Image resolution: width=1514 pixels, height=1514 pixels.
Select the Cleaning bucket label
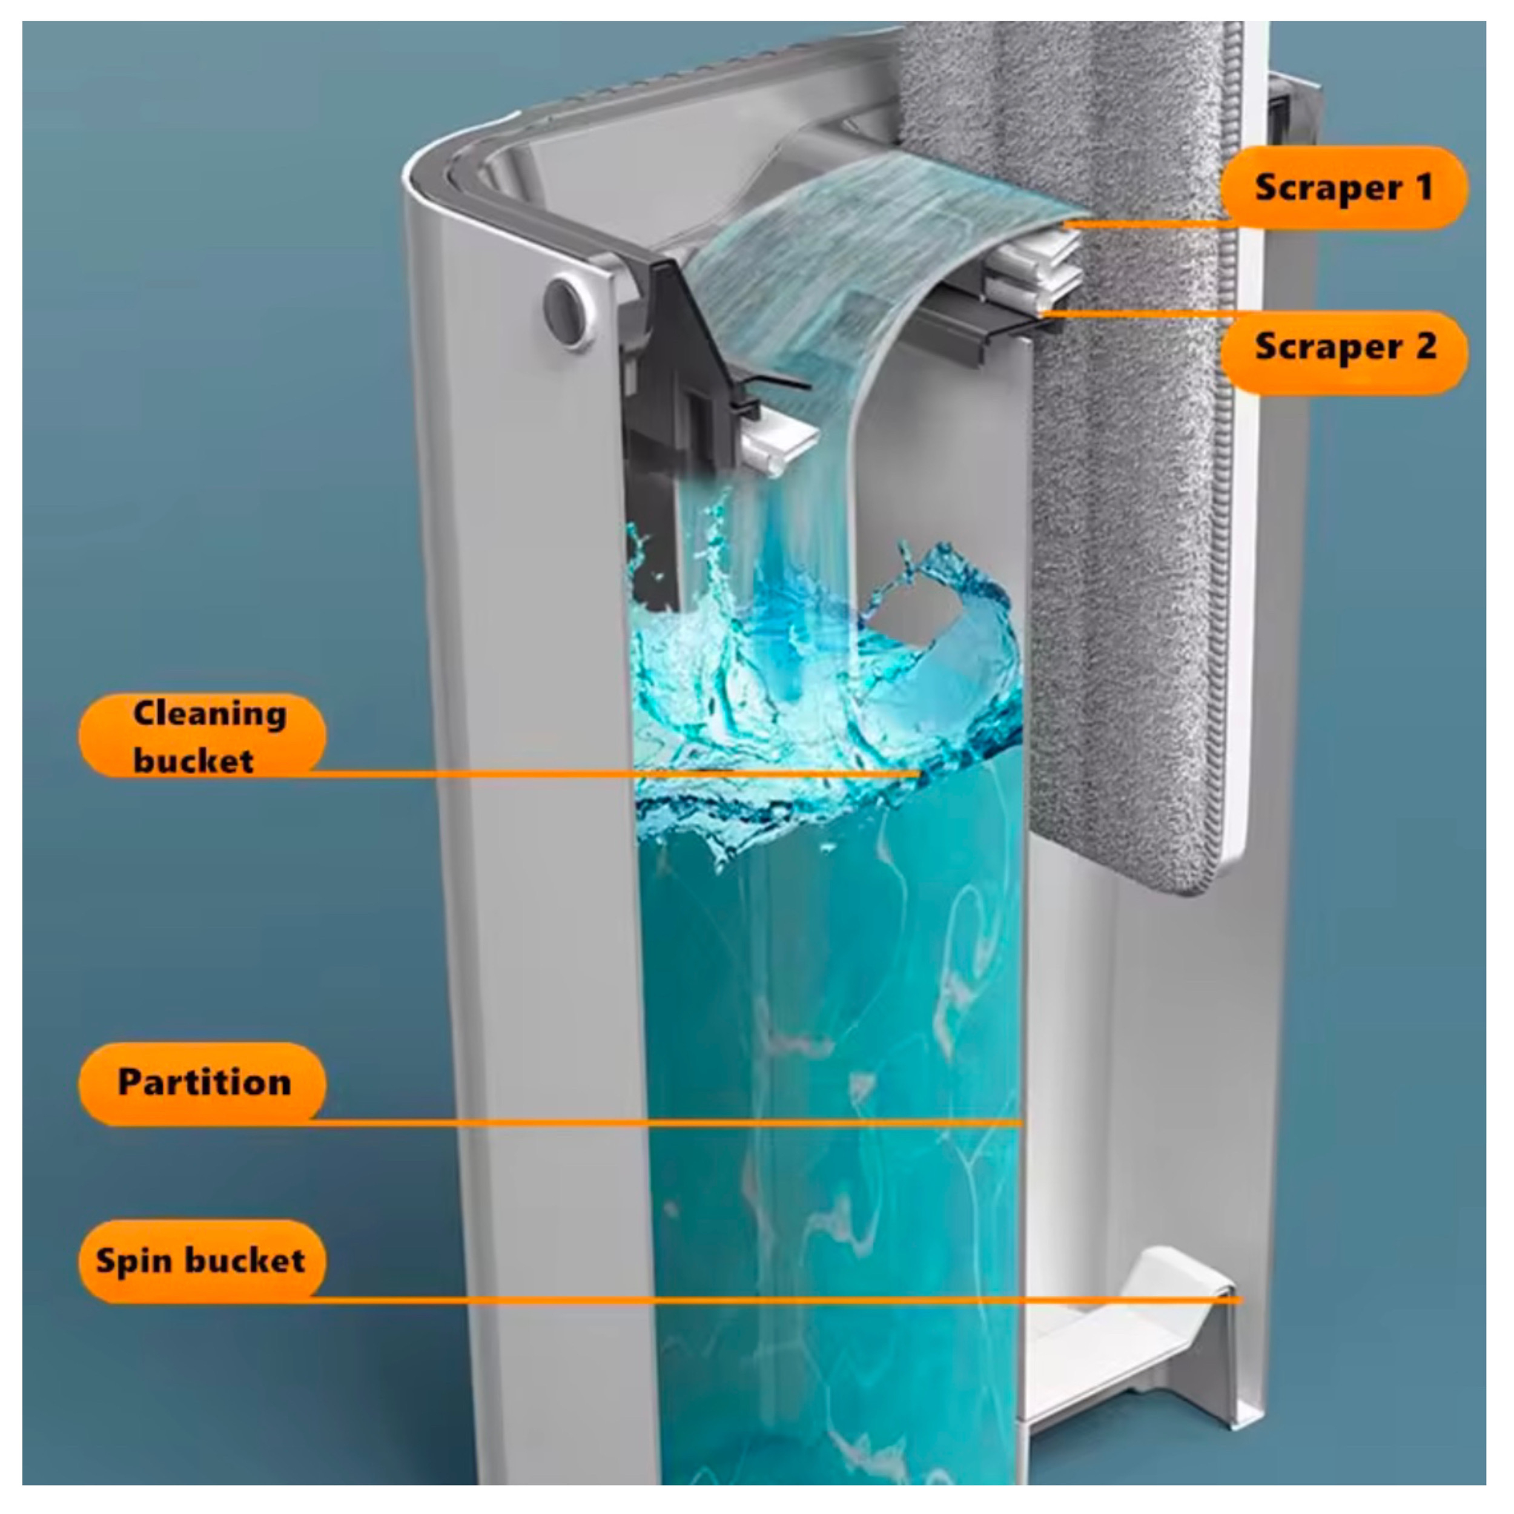tap(202, 735)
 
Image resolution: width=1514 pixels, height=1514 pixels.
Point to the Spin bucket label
tap(202, 1261)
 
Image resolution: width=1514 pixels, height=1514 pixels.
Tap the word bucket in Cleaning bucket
tap(194, 760)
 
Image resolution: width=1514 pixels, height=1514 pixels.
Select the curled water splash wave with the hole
tap(940, 619)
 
